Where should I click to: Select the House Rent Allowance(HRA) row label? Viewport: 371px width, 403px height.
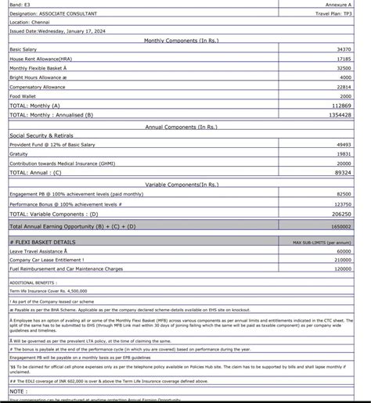(x=45, y=59)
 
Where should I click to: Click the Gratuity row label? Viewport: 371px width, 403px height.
(x=19, y=154)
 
